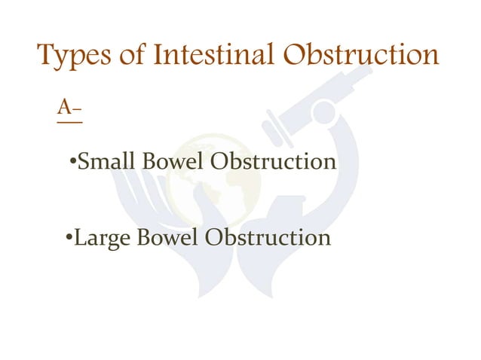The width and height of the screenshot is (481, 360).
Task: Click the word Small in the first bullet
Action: [x=103, y=162]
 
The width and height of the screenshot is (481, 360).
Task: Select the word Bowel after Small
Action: [x=169, y=162]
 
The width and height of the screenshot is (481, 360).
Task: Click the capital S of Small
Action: [x=84, y=162]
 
